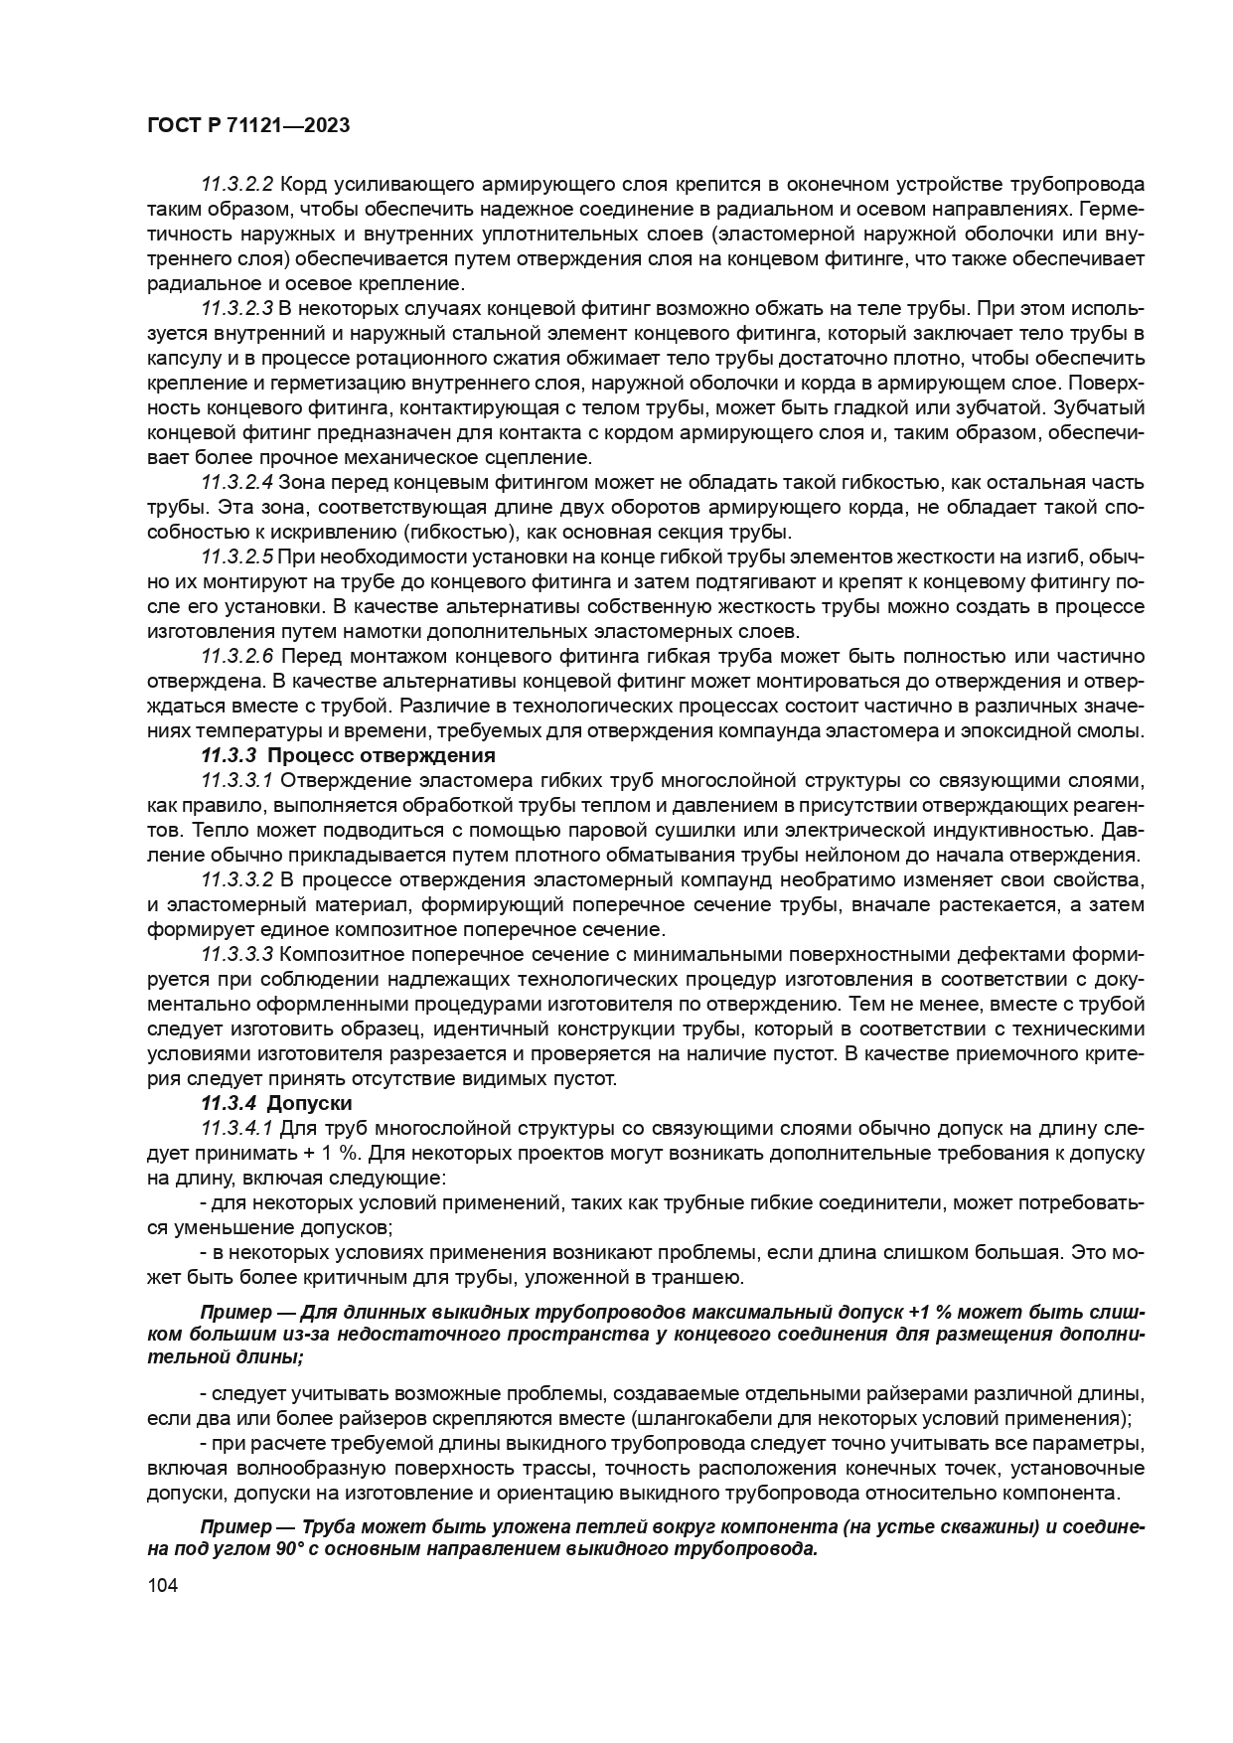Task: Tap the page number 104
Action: coord(162,1587)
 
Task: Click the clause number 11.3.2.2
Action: coord(236,185)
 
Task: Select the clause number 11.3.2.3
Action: coord(236,309)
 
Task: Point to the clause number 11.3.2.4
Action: coord(236,483)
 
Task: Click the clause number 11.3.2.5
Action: coord(236,557)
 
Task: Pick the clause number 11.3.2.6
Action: coord(236,657)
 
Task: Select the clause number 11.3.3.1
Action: coord(236,781)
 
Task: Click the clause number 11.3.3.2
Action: coord(236,880)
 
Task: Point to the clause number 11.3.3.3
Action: coord(236,955)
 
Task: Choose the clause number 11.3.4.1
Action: coord(236,1129)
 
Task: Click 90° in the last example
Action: coord(296,1551)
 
